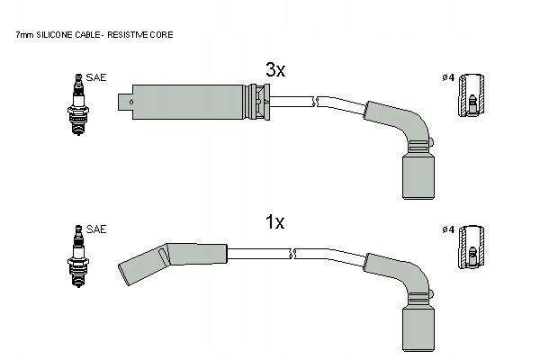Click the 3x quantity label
tap(274, 69)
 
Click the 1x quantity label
tap(274, 221)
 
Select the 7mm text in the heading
tap(24, 34)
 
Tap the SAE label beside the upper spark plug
tap(96, 78)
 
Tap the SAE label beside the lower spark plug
tap(96, 229)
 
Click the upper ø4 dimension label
tap(447, 78)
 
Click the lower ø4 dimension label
tap(447, 229)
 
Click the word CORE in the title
tap(163, 34)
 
